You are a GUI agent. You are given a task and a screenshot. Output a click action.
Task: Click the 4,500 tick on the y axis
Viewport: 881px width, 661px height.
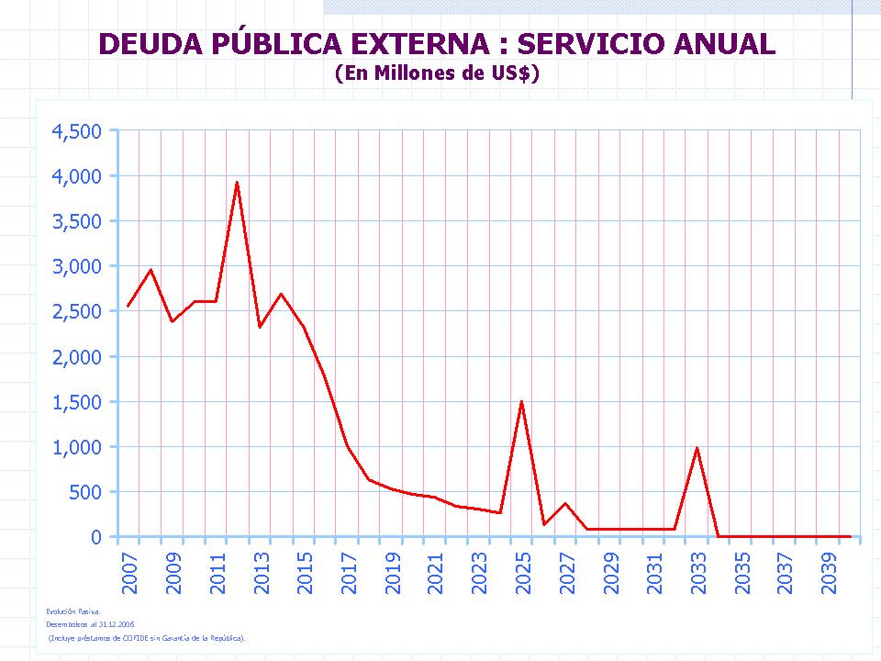[x=76, y=131]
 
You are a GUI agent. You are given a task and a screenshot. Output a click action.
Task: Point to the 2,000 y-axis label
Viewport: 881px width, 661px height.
[x=76, y=357]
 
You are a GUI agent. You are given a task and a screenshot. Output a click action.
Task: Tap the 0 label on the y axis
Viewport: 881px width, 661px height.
[x=95, y=537]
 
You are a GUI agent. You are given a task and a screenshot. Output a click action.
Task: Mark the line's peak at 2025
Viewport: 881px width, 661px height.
[x=521, y=402]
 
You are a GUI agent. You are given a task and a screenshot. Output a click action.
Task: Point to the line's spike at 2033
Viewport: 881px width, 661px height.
[x=697, y=448]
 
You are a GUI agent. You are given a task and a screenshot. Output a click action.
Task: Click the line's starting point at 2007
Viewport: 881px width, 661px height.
[x=128, y=306]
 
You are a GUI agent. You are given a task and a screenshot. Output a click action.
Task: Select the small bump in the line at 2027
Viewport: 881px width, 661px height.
[x=565, y=503]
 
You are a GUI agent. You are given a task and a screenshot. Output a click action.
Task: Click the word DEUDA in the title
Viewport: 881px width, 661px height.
[x=143, y=44]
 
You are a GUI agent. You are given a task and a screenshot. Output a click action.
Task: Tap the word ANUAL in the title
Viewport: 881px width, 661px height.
[x=724, y=44]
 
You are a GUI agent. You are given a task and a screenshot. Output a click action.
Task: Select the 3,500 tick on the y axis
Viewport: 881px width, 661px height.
[x=76, y=221]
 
